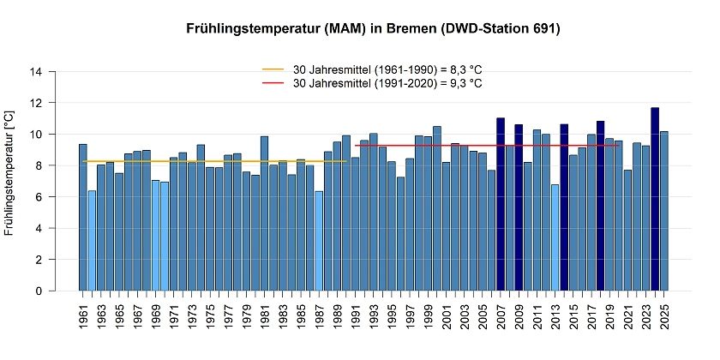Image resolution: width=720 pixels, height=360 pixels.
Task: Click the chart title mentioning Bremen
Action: (x=373, y=29)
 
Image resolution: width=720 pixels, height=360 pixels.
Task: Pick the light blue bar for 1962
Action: (x=92, y=241)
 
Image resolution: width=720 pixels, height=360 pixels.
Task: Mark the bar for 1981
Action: (x=264, y=213)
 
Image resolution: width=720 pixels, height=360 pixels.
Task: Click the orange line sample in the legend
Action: (x=273, y=69)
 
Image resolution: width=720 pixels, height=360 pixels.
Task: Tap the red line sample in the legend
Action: (x=273, y=83)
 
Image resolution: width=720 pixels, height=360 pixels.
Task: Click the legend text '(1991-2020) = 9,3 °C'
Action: (x=429, y=83)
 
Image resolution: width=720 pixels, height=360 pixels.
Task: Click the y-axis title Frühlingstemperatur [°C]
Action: (x=9, y=172)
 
